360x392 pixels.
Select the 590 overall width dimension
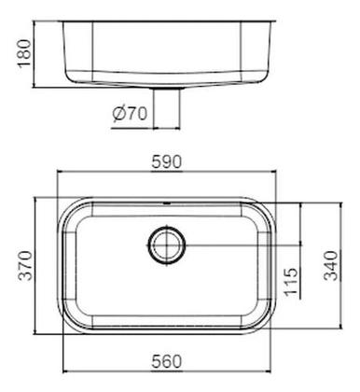(x=169, y=161)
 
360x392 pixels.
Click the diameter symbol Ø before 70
(x=118, y=115)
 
